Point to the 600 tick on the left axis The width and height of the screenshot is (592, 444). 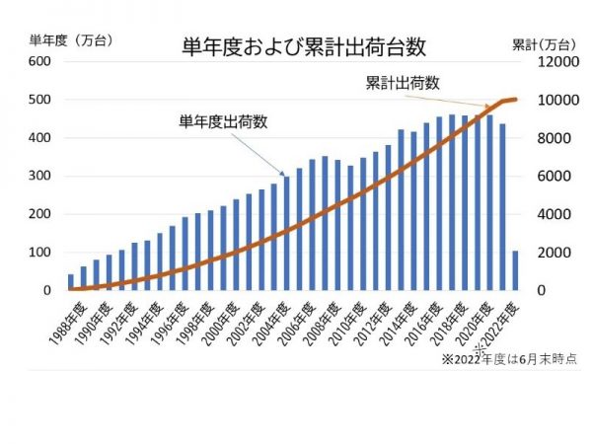click(38, 61)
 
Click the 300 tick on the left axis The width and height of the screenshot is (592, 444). click(38, 176)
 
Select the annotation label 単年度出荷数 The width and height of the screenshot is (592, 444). click(224, 122)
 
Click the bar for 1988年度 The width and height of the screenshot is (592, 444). click(71, 282)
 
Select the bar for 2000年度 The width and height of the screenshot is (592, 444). click(223, 248)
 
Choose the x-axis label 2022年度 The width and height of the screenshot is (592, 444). click(498, 319)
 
